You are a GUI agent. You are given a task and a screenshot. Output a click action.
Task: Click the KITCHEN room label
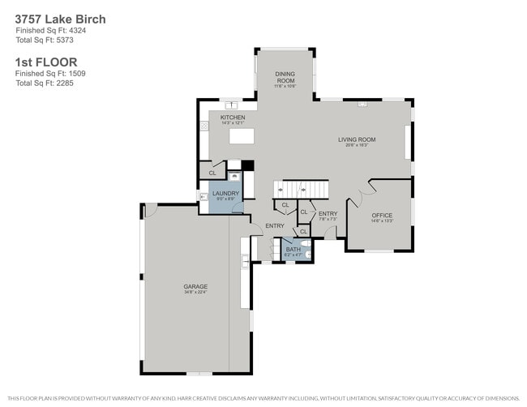click(x=233, y=118)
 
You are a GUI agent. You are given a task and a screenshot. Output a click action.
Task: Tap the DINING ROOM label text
click(x=285, y=77)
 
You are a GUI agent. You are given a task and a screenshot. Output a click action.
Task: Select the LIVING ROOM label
click(x=357, y=139)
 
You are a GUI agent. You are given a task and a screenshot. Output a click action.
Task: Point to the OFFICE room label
click(x=381, y=215)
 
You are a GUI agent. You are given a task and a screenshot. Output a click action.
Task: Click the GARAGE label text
click(x=195, y=286)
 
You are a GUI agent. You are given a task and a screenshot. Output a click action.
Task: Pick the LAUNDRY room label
click(x=225, y=193)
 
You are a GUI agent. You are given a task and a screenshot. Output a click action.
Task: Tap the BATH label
click(x=293, y=250)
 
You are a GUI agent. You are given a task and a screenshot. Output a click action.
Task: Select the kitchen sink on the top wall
click(x=233, y=105)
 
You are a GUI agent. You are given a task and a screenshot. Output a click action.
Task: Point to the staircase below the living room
click(x=302, y=189)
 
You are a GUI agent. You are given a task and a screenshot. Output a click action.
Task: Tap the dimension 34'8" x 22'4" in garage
click(x=195, y=293)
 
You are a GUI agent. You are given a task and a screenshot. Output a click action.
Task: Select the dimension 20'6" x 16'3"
click(x=357, y=146)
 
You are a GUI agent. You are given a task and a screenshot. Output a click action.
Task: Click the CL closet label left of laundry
click(x=212, y=173)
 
